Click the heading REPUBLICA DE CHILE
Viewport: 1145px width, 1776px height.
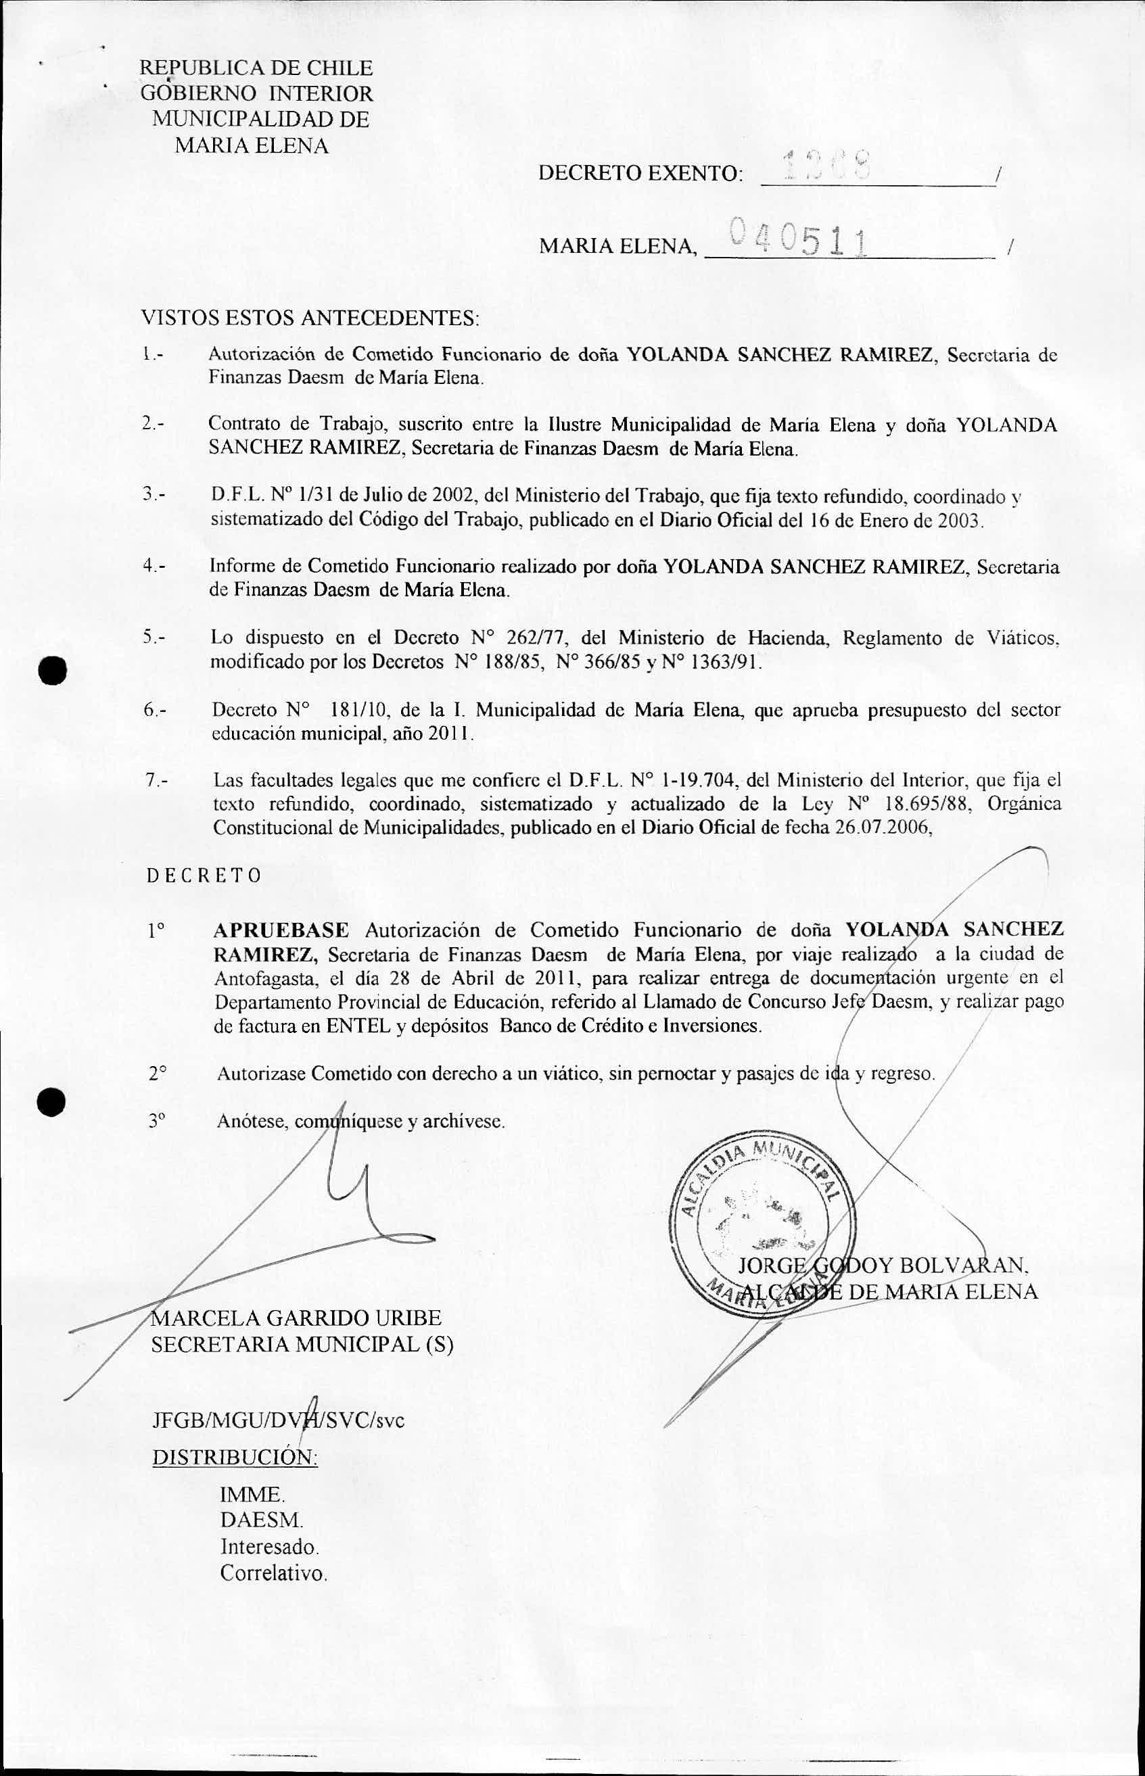click(x=256, y=68)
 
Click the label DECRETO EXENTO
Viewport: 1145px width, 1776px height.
click(x=639, y=174)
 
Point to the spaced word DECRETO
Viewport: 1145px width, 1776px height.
click(x=204, y=875)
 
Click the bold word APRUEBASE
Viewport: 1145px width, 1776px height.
click(x=281, y=930)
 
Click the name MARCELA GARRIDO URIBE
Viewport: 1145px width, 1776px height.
click(x=296, y=1318)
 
